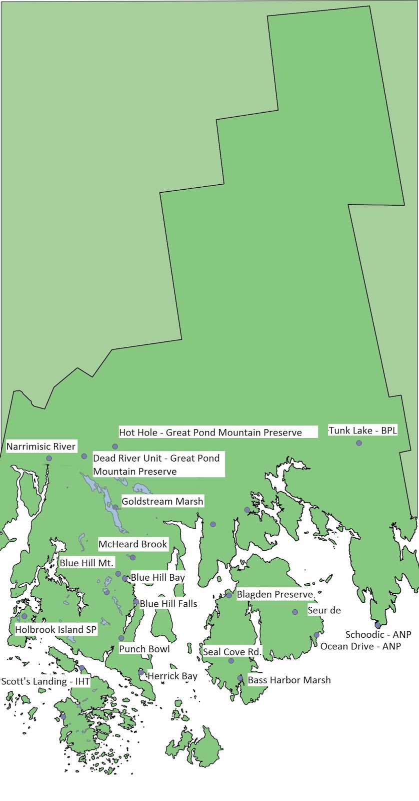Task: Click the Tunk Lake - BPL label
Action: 363,431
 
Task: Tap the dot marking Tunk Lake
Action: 359,443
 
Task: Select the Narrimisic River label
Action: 41,447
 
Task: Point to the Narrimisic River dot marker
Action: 49,458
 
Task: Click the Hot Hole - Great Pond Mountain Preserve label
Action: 210,433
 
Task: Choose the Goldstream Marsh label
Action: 162,501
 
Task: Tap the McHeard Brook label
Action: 133,544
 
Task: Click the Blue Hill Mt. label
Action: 87,563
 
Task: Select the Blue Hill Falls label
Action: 168,604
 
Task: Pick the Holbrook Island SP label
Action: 56,630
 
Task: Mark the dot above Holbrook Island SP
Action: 24,616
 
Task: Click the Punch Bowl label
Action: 144,649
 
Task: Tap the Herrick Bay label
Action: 172,676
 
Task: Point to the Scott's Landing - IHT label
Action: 45,681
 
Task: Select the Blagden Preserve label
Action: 275,595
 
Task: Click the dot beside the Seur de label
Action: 295,612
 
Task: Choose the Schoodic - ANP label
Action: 378,635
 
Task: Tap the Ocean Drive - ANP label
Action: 360,646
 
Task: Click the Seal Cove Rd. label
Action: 232,652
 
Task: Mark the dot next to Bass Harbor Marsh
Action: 240,678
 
